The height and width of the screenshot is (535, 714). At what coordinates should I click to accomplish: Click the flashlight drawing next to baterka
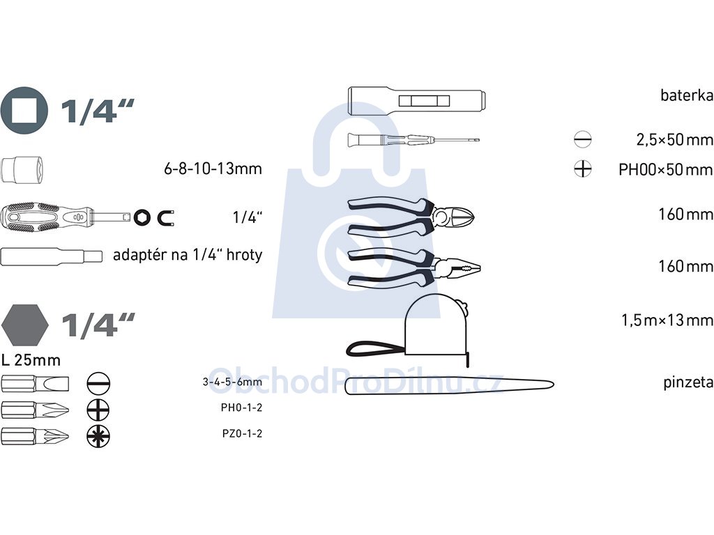417,99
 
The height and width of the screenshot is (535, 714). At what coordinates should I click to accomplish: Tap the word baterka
687,95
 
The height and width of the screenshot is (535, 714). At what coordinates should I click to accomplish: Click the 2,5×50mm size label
674,139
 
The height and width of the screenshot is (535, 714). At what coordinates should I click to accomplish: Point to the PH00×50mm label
665,170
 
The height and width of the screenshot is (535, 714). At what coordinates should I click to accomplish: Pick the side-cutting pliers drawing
411,217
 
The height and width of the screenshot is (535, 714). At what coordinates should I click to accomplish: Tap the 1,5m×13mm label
667,320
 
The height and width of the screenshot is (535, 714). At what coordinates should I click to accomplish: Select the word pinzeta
688,382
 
